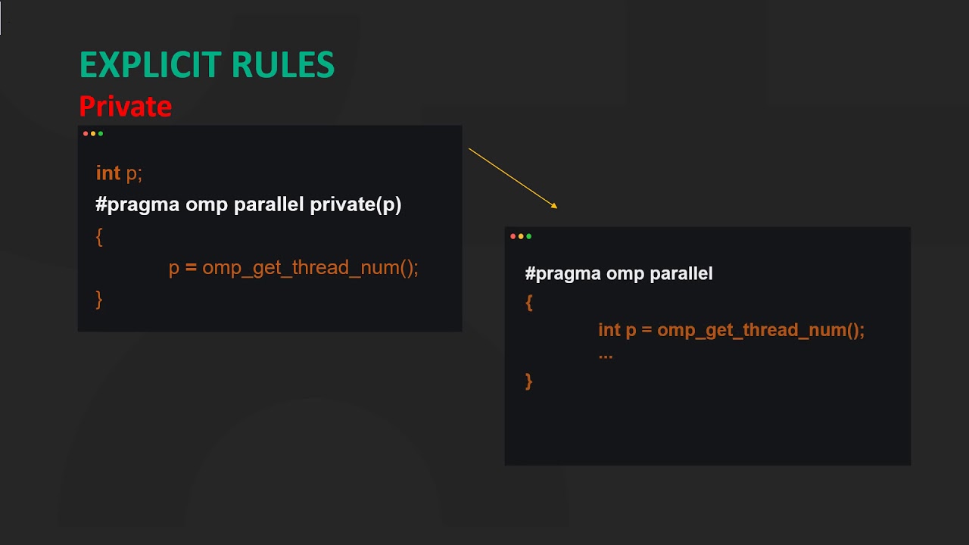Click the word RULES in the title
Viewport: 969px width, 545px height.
(x=283, y=66)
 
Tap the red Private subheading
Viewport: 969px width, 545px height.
(x=125, y=107)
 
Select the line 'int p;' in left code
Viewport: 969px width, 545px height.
(x=119, y=173)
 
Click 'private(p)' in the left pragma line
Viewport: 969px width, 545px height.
(x=356, y=204)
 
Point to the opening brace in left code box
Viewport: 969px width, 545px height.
(x=99, y=236)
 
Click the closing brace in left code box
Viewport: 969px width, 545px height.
(x=99, y=298)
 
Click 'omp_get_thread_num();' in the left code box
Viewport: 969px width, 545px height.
(x=310, y=268)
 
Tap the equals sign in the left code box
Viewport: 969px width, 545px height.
(x=191, y=268)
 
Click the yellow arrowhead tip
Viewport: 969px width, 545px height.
(x=556, y=207)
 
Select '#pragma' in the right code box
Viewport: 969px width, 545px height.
(x=557, y=273)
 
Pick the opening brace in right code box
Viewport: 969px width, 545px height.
(x=529, y=302)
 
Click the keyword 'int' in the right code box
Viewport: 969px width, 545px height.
(x=609, y=330)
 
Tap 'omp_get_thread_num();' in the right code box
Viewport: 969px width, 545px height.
(x=761, y=330)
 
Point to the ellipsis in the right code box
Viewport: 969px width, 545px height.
(x=606, y=355)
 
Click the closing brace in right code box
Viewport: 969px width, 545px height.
(x=529, y=381)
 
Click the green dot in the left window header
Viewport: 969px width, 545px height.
(x=101, y=134)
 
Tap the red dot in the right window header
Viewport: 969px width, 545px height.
(x=513, y=236)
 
